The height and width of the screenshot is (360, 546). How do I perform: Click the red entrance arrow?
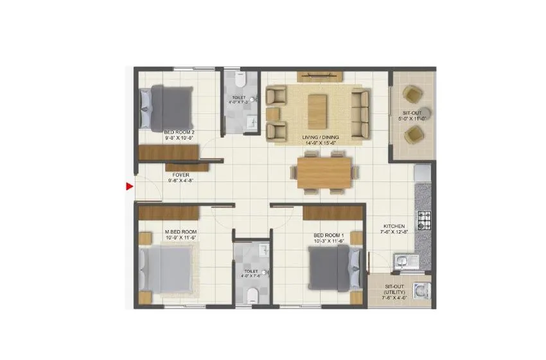pos(129,187)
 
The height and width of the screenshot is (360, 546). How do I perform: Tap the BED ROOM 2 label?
pos(179,132)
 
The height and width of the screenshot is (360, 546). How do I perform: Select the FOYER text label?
pos(180,174)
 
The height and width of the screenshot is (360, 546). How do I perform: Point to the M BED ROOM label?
pos(181,231)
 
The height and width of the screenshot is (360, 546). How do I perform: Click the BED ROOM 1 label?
pos(328,236)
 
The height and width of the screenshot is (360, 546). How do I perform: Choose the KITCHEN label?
pos(393,227)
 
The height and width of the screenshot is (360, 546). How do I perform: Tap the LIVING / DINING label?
pos(321,138)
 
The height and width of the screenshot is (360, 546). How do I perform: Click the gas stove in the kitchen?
pos(423,221)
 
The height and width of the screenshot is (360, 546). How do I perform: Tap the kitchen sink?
pos(404,261)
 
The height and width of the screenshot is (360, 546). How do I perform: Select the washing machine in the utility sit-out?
pos(421,290)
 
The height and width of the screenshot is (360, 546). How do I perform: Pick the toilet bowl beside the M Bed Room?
pos(252,294)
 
